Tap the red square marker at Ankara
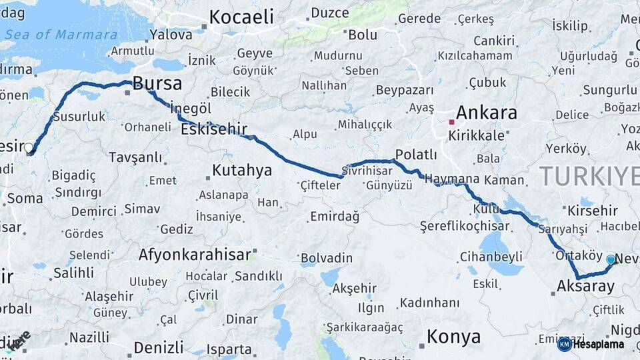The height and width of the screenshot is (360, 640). point(451,122)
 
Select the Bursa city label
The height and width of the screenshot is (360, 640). point(157,83)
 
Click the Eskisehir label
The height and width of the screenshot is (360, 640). point(214,129)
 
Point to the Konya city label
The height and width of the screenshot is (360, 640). point(453,337)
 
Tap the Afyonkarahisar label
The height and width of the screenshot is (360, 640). point(195,254)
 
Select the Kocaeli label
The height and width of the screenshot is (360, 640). point(242,17)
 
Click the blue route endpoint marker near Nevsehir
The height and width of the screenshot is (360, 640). point(611,259)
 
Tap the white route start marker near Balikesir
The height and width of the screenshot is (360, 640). point(29,147)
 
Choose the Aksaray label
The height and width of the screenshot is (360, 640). point(585,287)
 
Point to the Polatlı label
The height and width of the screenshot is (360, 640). point(416,155)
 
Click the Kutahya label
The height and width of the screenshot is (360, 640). point(242,171)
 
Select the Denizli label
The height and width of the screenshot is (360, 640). point(159,347)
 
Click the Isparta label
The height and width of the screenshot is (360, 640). point(229,349)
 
